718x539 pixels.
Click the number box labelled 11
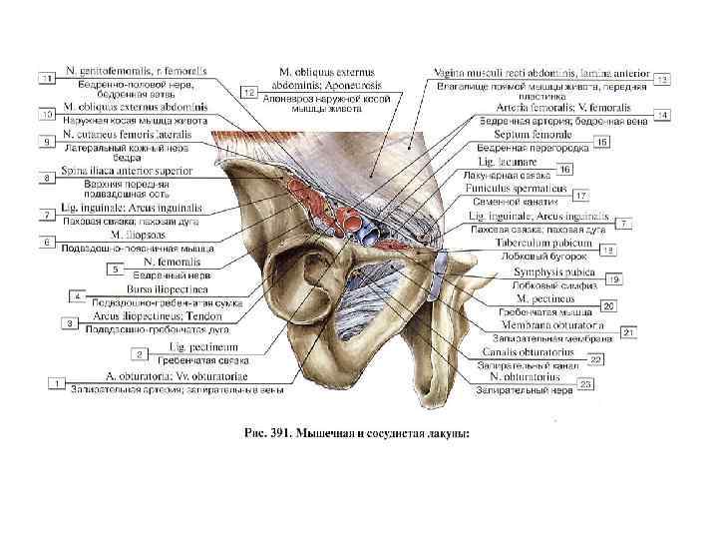(47, 77)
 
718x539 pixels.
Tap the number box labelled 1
(58, 383)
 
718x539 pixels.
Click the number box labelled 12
(249, 93)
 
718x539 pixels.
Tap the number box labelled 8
(47, 179)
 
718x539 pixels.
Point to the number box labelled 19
(615, 278)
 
